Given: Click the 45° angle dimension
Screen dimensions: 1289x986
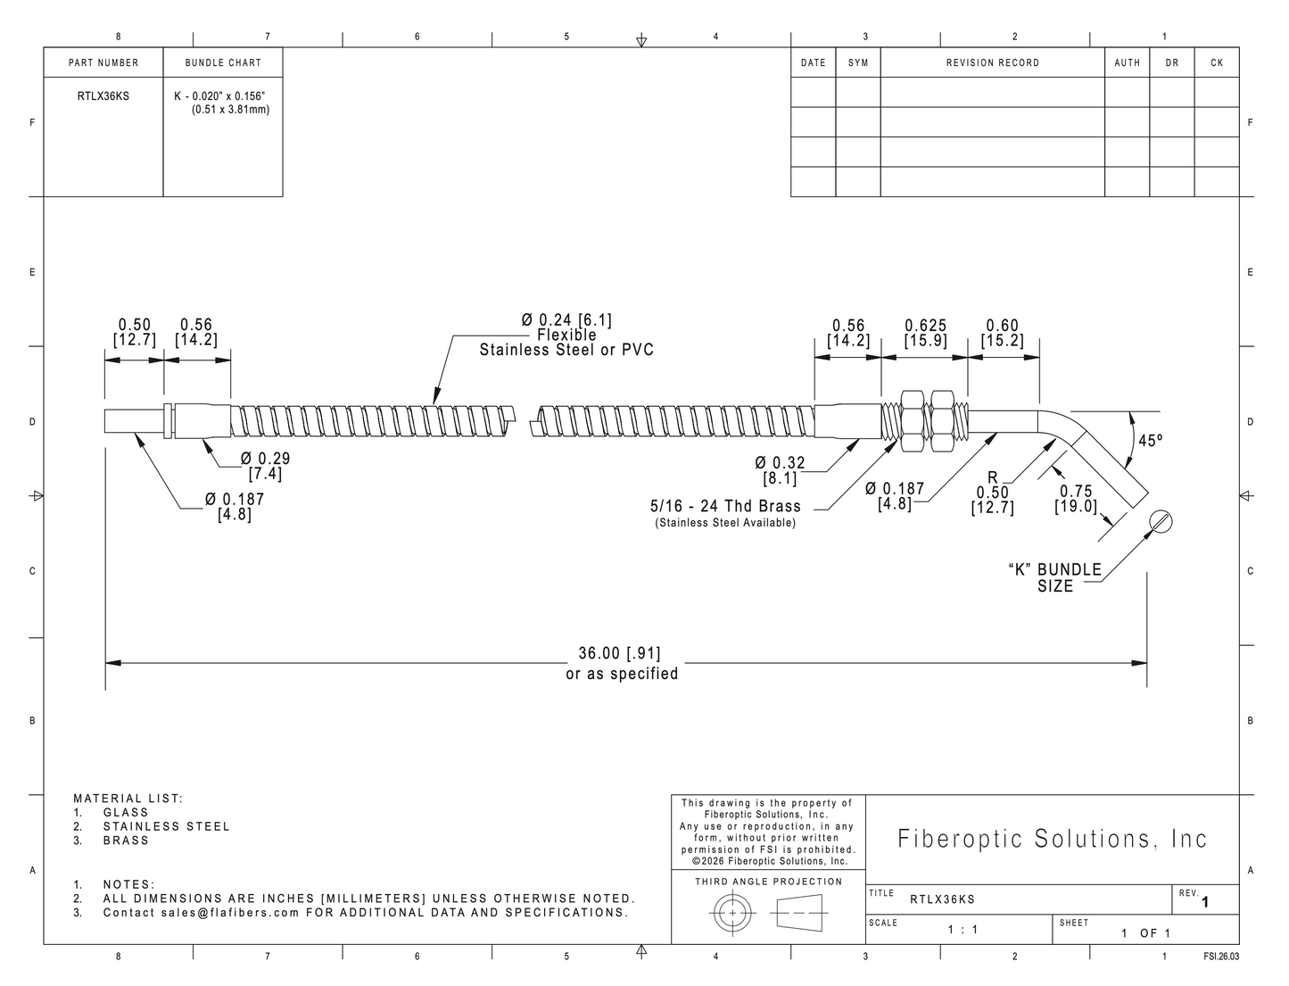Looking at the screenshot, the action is (x=1150, y=441).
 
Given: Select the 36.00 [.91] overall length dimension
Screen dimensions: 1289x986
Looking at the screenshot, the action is (x=620, y=653).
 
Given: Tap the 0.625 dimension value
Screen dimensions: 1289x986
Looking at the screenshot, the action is (x=926, y=326).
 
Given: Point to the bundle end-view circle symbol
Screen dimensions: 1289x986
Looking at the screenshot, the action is (x=1161, y=521).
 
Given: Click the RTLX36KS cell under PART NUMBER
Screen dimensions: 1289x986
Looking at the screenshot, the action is (x=103, y=96).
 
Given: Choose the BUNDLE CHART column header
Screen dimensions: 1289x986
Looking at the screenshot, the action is (x=223, y=62).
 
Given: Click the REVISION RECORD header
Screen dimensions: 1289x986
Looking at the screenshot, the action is (x=993, y=62).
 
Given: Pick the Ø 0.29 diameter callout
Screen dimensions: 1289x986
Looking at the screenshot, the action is (x=265, y=458).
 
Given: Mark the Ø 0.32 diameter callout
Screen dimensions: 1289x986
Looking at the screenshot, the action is (x=780, y=463).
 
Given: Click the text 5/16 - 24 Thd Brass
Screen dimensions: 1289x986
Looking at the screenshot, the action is (x=725, y=506).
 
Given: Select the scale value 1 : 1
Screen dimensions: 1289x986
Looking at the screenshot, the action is (x=963, y=930).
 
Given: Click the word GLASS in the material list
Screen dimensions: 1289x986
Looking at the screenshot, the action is (x=126, y=812).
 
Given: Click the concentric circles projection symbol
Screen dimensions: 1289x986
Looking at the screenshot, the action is (x=732, y=913).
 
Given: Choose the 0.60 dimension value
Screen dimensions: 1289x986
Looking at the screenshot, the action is (x=1002, y=326).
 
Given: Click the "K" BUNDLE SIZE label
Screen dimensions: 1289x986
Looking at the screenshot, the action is (x=1054, y=578).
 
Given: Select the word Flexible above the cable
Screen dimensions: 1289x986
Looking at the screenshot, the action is (x=566, y=335).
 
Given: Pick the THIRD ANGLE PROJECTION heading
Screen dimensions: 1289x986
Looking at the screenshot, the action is (x=769, y=882).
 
